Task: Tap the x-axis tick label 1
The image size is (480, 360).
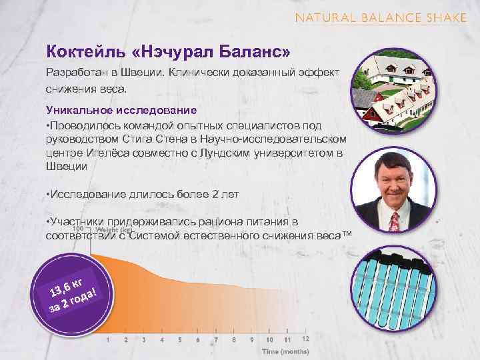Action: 108,339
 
